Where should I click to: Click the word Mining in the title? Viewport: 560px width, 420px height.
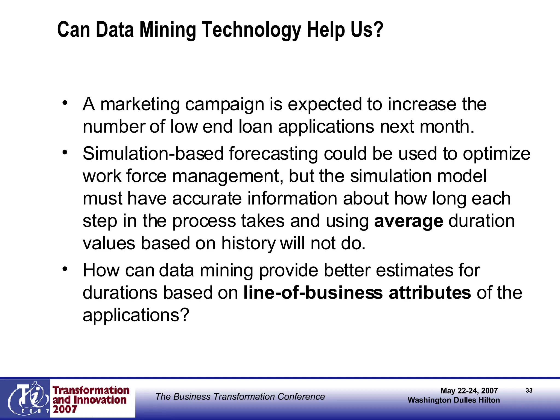click(x=168, y=30)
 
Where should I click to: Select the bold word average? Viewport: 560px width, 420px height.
click(x=409, y=221)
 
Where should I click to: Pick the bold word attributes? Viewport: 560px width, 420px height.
click(x=430, y=293)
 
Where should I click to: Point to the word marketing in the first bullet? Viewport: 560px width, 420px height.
click(x=140, y=104)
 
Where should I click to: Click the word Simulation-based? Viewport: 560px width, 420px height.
click(x=153, y=154)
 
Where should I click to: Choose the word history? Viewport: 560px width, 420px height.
click(x=248, y=243)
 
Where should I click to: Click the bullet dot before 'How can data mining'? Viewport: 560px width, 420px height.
click(x=65, y=269)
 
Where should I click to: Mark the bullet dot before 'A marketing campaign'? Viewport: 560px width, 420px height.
click(x=65, y=103)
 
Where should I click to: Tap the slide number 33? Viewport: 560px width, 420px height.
click(x=529, y=390)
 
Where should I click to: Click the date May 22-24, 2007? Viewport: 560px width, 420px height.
click(x=469, y=391)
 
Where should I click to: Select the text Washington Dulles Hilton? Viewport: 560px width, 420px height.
click(x=454, y=400)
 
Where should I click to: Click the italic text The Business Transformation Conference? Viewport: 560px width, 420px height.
click(x=240, y=396)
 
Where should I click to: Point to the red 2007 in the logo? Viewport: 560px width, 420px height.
click(x=65, y=409)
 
